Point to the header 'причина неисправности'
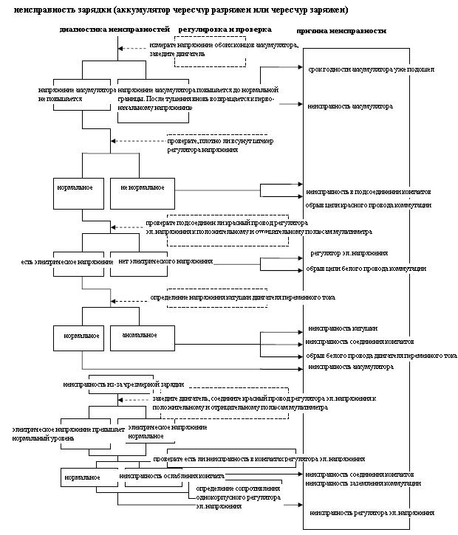click(x=341, y=32)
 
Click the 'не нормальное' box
click(x=143, y=187)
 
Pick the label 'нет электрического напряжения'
click(x=160, y=261)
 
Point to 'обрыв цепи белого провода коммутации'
click(x=366, y=269)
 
